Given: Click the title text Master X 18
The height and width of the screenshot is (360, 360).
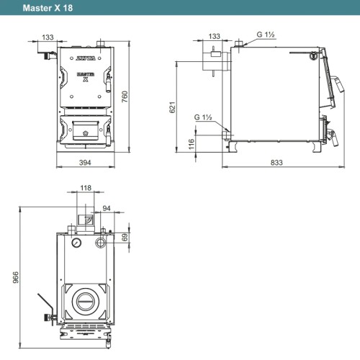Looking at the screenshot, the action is click(x=48, y=8).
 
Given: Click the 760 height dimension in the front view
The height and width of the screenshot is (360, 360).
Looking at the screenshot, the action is click(x=125, y=96).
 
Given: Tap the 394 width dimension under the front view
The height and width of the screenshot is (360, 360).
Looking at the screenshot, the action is click(x=85, y=163).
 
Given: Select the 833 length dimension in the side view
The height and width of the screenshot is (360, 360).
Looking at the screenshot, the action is click(x=276, y=163).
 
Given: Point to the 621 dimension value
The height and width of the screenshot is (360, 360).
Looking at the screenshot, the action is click(x=173, y=107).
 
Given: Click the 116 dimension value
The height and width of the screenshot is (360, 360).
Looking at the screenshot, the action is click(x=192, y=144).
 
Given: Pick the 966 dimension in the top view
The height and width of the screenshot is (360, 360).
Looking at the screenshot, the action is click(x=15, y=277).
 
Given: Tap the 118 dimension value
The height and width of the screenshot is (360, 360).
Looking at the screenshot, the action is click(x=86, y=188).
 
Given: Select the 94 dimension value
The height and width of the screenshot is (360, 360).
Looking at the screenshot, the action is click(x=107, y=208).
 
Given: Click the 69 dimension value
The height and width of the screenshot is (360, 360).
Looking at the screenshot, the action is click(x=125, y=238).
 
